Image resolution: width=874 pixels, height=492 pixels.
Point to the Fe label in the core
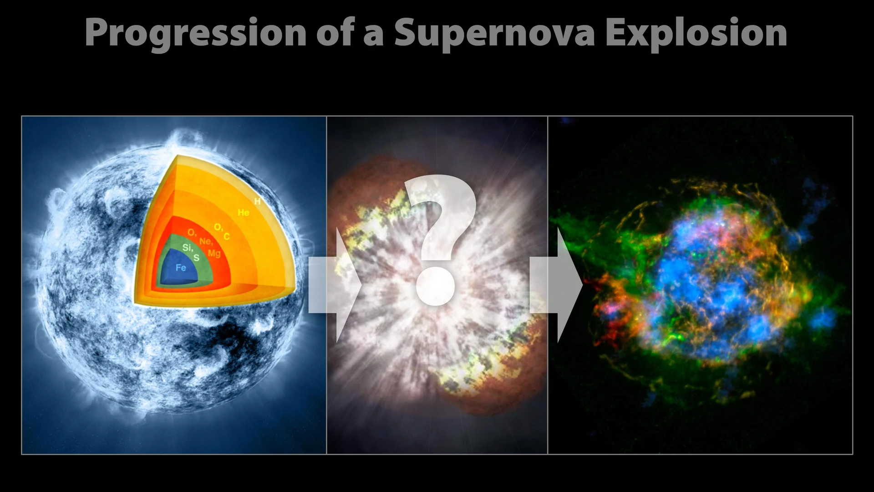[x=181, y=267]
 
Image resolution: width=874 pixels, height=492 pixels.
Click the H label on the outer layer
[x=257, y=201]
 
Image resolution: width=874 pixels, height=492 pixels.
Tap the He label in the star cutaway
[x=244, y=212]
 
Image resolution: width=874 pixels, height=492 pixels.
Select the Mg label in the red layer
[x=214, y=253]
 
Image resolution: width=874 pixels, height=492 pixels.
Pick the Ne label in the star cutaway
[x=205, y=241]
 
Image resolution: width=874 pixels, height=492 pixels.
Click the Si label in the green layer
[x=188, y=248]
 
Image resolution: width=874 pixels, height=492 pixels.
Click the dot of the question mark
[x=436, y=287]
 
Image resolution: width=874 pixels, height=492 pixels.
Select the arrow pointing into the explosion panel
[x=335, y=285]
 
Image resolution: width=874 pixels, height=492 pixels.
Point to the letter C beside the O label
[x=226, y=236]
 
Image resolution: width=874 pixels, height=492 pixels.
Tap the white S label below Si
[x=197, y=258]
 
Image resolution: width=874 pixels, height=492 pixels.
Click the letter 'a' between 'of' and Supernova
[x=373, y=36]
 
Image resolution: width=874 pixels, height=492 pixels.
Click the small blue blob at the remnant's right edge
[x=823, y=319]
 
